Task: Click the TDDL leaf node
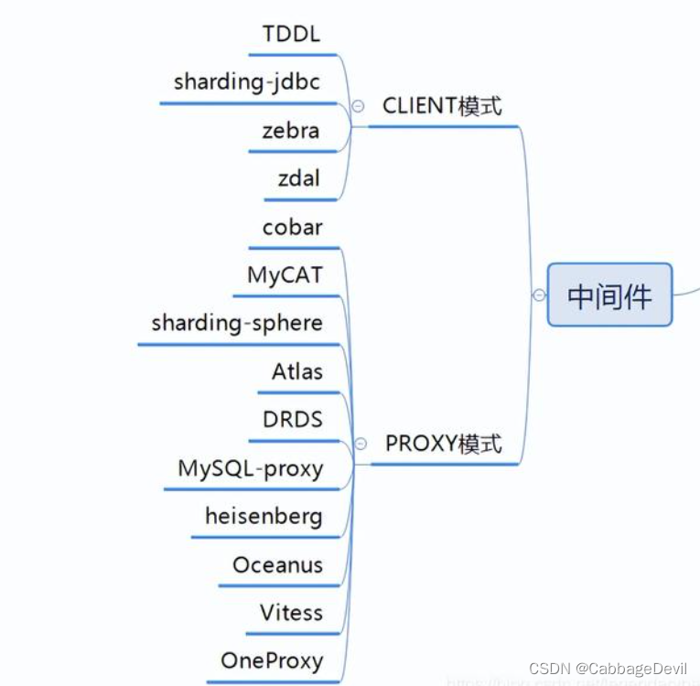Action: [291, 35]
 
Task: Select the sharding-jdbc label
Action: [247, 82]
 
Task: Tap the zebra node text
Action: [290, 131]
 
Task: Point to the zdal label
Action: [298, 178]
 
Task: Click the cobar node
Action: [292, 227]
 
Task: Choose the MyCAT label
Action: [285, 275]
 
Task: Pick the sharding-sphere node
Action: [237, 323]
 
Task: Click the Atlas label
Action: [297, 371]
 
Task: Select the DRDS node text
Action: [292, 420]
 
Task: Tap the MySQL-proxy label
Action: [250, 469]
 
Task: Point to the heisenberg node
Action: [264, 517]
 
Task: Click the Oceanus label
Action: [277, 565]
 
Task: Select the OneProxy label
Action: [272, 661]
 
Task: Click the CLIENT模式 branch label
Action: [442, 106]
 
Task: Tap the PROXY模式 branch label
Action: [443, 445]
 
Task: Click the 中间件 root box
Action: [609, 295]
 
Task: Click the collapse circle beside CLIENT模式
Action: [359, 106]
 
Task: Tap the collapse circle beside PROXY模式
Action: [361, 444]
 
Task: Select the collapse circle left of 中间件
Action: [539, 295]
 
